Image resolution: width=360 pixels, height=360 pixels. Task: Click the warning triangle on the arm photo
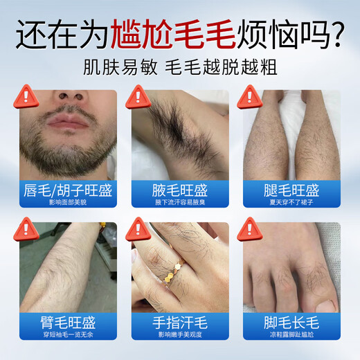point(26,228)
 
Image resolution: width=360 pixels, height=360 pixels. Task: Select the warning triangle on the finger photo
point(138,228)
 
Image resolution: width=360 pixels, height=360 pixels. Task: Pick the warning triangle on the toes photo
point(250,228)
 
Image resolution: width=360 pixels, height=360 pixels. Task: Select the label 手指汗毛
point(179,323)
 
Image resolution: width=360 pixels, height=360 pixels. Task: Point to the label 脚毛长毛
point(291,323)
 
